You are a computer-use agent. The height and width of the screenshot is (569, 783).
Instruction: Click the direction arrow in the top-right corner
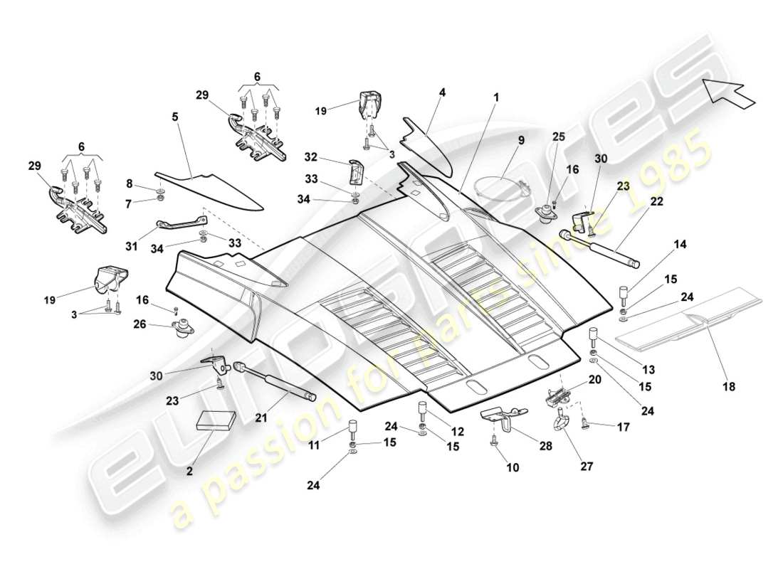coord(728,92)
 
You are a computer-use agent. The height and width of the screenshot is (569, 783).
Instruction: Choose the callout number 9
coord(521,141)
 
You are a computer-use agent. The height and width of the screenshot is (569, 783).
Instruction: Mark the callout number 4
coord(442,92)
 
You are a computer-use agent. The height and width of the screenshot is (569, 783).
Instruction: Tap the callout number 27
coord(567,467)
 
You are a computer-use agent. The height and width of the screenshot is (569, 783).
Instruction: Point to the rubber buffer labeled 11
coord(352,432)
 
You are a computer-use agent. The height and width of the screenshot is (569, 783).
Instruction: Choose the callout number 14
coord(680,244)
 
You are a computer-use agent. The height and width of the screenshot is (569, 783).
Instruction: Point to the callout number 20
coord(594,380)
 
